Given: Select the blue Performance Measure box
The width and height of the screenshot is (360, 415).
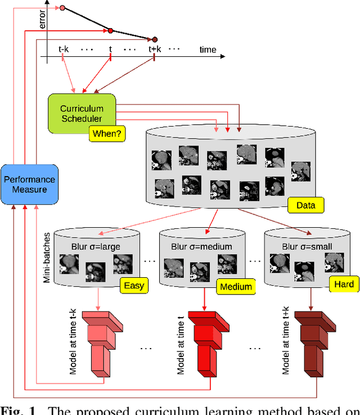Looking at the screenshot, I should tap(30, 185).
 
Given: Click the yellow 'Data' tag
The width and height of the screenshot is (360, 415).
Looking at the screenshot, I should tap(305, 205).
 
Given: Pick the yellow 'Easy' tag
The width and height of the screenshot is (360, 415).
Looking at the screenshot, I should tap(133, 285).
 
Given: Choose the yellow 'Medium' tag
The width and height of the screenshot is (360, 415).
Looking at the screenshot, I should tap(236, 287).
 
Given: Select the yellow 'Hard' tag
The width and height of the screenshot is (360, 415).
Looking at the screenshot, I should tap(344, 284).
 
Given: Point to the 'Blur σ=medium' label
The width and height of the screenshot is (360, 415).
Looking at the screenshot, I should tap(202, 246).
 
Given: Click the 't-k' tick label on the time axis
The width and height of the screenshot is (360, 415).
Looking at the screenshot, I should tap(64, 49).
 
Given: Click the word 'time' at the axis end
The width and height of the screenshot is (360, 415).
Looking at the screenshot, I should tap(208, 49).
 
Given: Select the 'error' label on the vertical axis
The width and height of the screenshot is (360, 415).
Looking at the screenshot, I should tap(42, 20).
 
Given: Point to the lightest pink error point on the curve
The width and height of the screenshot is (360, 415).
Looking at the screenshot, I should tap(62, 8).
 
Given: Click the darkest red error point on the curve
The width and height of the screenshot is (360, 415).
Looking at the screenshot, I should tap(154, 39).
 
